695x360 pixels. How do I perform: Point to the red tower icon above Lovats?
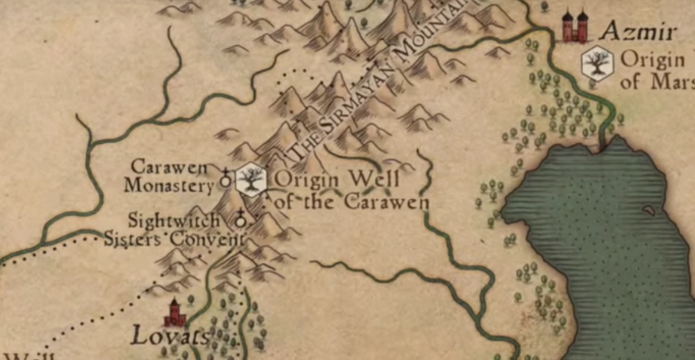coord(176,313)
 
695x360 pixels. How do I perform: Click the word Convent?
coord(206,239)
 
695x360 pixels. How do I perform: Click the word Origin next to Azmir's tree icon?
coord(653,60)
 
